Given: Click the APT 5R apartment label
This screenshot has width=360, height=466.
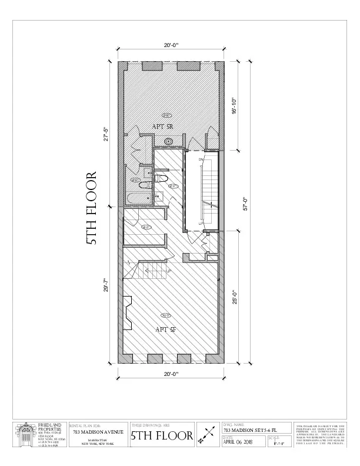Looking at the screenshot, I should [162, 127].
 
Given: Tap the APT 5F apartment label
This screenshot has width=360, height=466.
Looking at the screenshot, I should [166, 329].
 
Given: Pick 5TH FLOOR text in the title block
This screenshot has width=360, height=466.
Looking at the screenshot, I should [162, 436].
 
